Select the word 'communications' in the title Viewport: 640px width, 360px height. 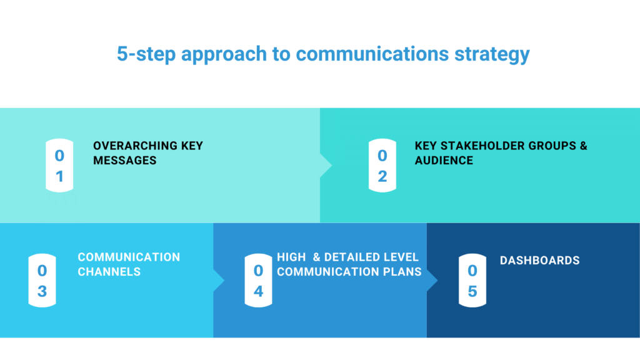[x=372, y=54]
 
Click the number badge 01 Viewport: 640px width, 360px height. [x=59, y=166]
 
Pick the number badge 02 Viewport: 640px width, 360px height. [x=382, y=166]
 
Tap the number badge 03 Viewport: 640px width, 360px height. [x=42, y=281]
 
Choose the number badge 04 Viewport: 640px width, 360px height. [x=258, y=281]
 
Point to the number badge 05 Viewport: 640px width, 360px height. [x=472, y=281]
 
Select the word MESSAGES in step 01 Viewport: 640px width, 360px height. [x=124, y=161]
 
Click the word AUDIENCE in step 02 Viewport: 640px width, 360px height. [x=444, y=161]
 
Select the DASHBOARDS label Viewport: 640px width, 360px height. [x=539, y=260]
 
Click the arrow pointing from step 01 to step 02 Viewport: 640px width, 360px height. [x=326, y=166]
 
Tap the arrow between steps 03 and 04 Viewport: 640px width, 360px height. [x=218, y=281]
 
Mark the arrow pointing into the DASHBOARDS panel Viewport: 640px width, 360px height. [x=432, y=281]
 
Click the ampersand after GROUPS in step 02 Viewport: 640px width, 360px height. [x=583, y=146]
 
